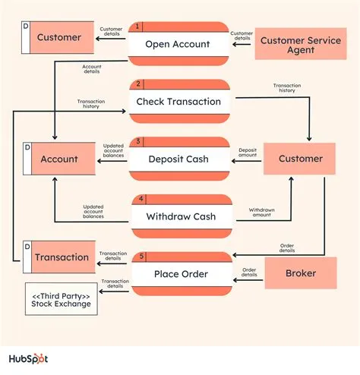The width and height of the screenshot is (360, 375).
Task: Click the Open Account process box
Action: pyautogui.click(x=178, y=43)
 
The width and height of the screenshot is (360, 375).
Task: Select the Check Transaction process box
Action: pyautogui.click(x=178, y=101)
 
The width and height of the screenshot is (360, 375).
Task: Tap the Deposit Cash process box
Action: pyautogui.click(x=178, y=159)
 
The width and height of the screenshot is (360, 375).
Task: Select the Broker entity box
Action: pyautogui.click(x=300, y=273)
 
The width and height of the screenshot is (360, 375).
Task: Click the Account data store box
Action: pyautogui.click(x=59, y=159)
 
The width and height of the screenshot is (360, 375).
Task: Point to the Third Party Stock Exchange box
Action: pyautogui.click(x=61, y=300)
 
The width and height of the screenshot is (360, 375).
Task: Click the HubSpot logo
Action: pyautogui.click(x=38, y=358)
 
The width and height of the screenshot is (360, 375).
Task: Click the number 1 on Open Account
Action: pyautogui.click(x=137, y=27)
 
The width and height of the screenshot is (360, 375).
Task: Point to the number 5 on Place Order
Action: pyautogui.click(x=137, y=256)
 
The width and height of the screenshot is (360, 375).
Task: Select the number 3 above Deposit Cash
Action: pyautogui.click(x=137, y=142)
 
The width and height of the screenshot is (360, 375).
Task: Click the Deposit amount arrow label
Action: pyautogui.click(x=247, y=153)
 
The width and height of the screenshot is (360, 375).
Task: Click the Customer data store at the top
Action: pyautogui.click(x=59, y=37)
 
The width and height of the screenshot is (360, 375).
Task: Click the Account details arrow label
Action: pyautogui.click(x=92, y=69)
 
